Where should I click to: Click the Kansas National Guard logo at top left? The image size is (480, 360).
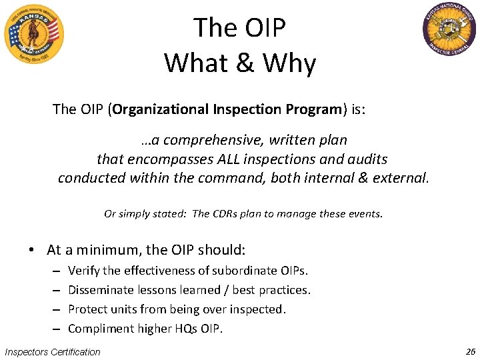coord(33,33)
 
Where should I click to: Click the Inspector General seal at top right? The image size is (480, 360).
coord(449,29)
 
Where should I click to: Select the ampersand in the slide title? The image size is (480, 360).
coord(245,63)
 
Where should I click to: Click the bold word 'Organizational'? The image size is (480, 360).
coord(161,109)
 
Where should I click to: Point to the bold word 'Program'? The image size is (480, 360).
coord(315,109)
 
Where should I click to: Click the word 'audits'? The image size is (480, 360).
coord(366,159)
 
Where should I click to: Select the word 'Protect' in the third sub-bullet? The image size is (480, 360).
coord(87,309)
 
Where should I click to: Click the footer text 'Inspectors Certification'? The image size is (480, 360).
coord(53,352)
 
